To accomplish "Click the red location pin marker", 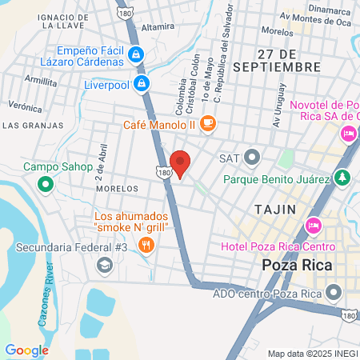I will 181,162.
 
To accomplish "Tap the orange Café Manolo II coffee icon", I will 208,122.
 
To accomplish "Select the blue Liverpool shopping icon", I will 142,82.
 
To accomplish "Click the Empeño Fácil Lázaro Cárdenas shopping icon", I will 136,55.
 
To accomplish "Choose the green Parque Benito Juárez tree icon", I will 342,178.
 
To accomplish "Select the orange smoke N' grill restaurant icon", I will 145,245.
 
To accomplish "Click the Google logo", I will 26,350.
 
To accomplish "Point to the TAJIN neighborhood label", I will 274,209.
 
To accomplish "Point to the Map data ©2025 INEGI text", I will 312,354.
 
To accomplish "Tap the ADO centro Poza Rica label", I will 268,293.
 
